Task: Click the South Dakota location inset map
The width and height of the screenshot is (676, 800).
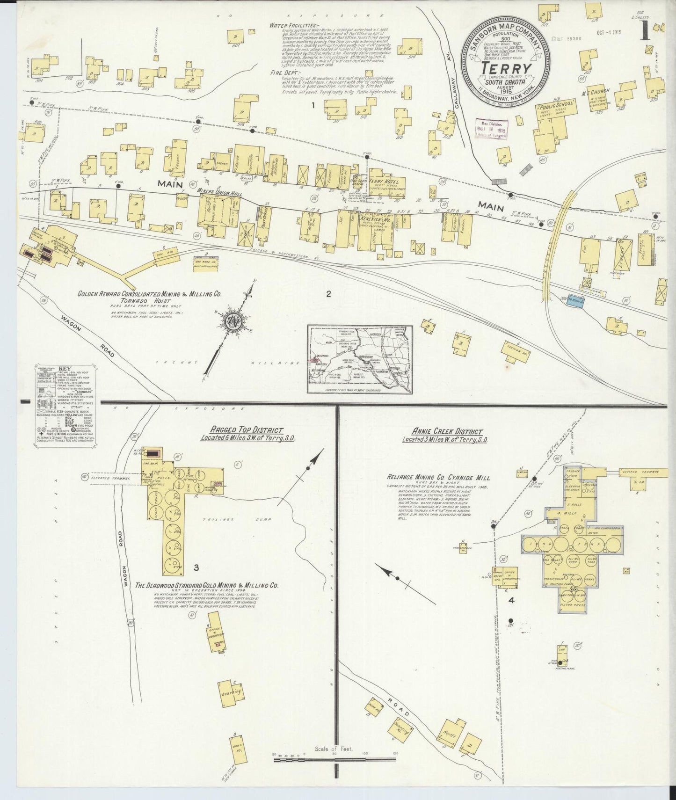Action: (x=360, y=359)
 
